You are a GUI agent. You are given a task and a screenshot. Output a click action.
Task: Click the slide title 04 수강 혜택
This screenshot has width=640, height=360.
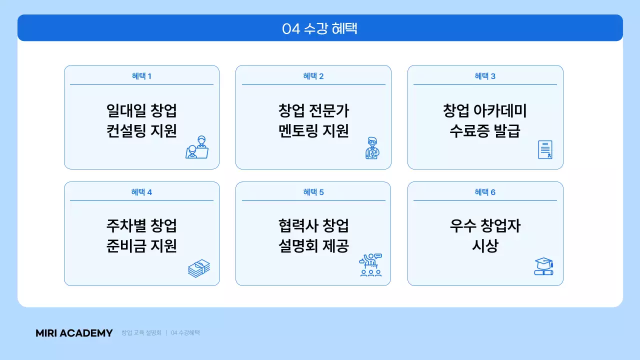pos(320,28)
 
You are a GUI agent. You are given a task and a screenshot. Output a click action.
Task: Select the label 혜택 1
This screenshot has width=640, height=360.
pos(141,76)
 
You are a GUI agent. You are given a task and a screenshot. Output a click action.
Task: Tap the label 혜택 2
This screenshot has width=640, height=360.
pos(313,76)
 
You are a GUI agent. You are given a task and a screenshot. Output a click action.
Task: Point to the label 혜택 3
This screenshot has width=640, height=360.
pos(485,76)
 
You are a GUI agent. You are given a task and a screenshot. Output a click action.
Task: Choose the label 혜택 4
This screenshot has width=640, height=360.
pos(141,192)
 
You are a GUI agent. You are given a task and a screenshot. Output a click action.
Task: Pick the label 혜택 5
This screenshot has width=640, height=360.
pos(313,192)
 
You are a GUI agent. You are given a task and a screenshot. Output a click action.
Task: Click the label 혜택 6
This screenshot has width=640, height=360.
pos(485,192)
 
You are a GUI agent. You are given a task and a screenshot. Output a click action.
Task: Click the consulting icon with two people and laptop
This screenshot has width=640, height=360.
pos(197,147)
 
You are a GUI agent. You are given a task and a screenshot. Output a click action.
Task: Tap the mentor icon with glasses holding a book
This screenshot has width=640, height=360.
pos(372,148)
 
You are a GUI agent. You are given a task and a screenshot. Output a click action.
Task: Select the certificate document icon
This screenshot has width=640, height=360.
pos(545,149)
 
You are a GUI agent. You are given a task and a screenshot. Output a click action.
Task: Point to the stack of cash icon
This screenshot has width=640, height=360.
pos(199,268)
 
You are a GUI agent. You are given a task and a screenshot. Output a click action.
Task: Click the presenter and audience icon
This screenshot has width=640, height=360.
pos(370,265)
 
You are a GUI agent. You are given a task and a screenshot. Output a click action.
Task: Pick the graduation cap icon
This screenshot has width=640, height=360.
pos(543,266)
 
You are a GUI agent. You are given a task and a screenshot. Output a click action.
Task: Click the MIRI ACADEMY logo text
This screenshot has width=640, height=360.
pos(74,333)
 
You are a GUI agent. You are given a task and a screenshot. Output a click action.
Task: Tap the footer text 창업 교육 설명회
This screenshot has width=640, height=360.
pos(141,333)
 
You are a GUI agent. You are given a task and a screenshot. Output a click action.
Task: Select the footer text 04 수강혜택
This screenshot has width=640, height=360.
pos(185,333)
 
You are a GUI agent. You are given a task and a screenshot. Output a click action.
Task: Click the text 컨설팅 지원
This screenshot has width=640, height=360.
pos(141,131)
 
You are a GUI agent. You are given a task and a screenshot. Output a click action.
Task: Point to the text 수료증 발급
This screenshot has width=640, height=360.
pos(485,131)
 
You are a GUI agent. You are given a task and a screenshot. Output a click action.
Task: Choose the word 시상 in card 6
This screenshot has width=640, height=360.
pos(485,246)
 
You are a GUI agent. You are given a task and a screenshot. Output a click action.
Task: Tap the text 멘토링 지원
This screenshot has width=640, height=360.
pos(313,131)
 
